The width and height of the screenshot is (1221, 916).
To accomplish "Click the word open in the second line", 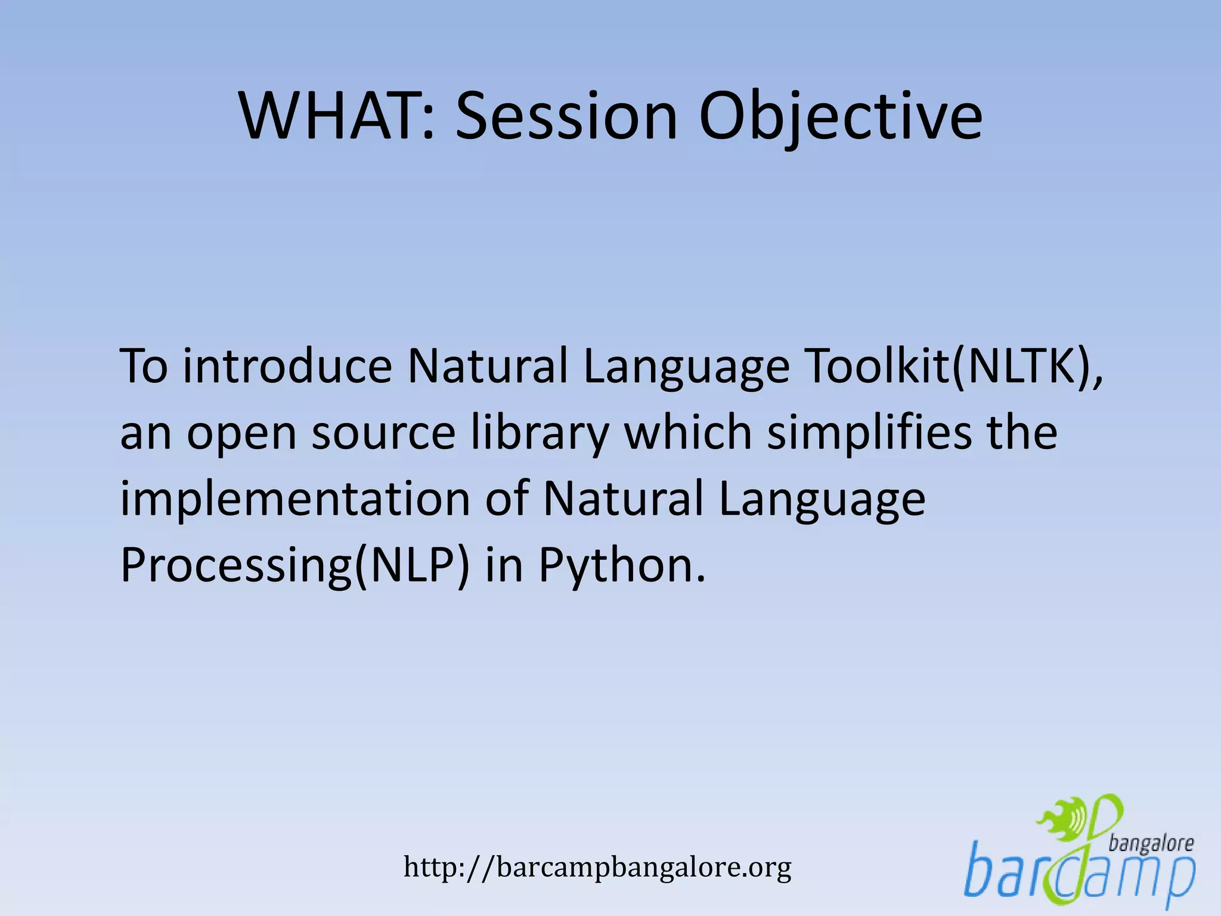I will click(x=241, y=434).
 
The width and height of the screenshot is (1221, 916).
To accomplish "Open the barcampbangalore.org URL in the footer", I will click(x=597, y=867).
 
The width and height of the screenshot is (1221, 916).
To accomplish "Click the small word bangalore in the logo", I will click(x=1151, y=843).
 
